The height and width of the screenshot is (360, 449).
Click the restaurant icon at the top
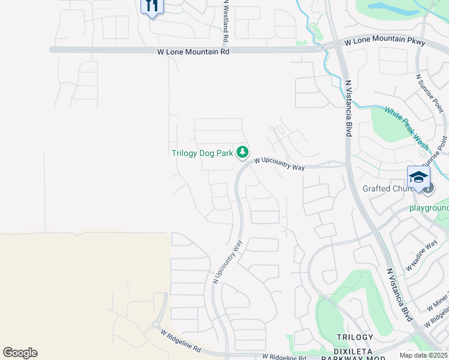point(152,6)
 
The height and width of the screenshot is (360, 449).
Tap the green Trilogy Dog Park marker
point(243,153)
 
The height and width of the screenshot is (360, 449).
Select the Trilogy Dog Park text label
point(202,153)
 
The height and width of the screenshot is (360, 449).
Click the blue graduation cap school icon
point(418,176)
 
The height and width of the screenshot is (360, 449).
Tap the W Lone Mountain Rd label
point(193,52)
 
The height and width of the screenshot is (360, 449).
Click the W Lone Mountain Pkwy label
point(385,43)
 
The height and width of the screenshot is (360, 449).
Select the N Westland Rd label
point(226,22)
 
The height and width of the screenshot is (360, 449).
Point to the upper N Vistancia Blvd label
point(347,108)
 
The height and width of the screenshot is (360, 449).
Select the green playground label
point(429,208)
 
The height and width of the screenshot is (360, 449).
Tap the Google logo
point(20,353)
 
